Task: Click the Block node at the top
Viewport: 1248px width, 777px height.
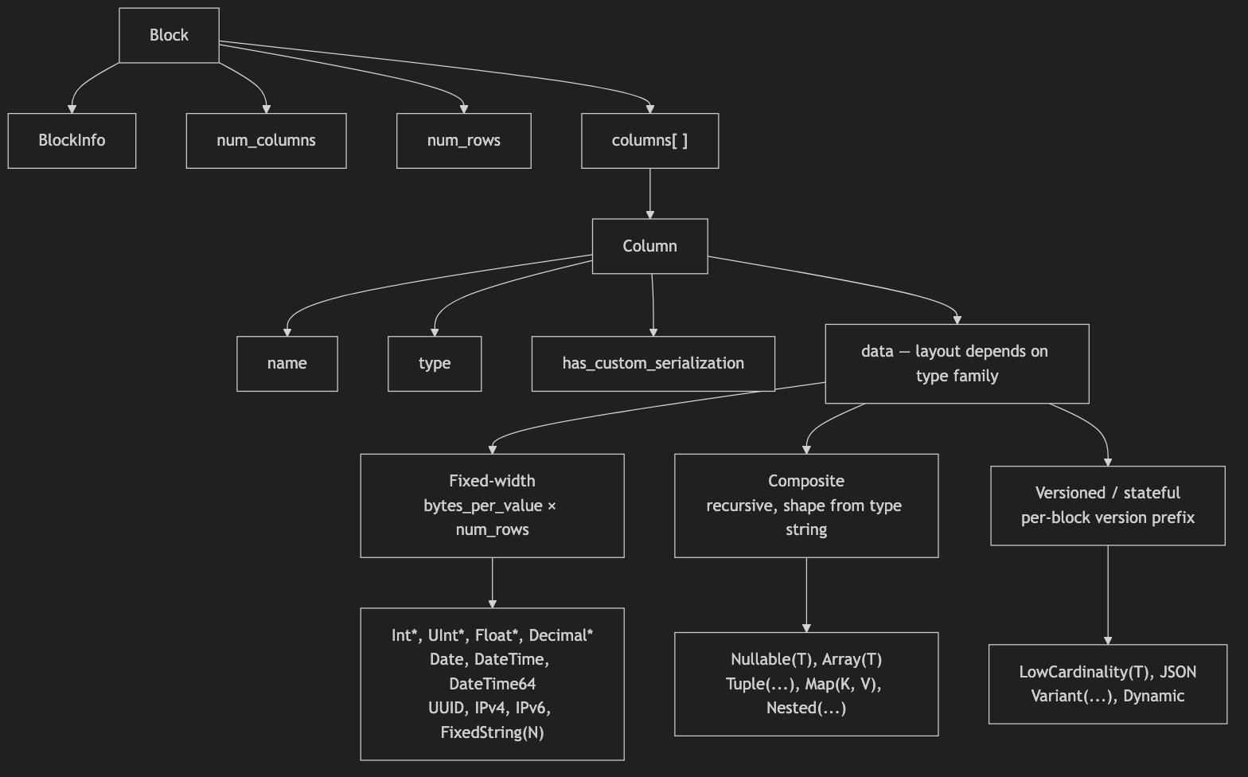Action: coord(169,35)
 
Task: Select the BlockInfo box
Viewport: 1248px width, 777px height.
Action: coord(72,140)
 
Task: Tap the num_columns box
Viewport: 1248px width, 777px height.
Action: coord(267,140)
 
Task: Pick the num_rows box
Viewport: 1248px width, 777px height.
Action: coord(463,140)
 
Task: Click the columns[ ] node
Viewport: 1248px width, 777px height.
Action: coord(649,140)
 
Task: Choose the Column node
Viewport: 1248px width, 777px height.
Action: coord(649,246)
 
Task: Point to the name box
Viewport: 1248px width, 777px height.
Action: coord(287,363)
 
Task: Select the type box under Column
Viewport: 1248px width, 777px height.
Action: coord(435,363)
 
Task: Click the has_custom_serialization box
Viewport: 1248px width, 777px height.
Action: coord(653,363)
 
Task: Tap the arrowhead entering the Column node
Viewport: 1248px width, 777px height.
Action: coord(649,215)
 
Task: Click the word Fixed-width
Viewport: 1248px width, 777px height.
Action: coord(492,481)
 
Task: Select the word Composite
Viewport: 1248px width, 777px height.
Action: coord(806,481)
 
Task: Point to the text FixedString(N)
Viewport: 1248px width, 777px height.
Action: coord(492,732)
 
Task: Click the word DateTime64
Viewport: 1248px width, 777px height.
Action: coord(492,684)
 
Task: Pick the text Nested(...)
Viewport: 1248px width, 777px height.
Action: coord(806,708)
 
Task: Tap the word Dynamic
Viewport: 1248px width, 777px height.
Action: coord(1153,696)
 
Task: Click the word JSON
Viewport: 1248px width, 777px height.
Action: coord(1178,672)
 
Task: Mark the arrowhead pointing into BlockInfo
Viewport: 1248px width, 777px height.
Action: coord(72,109)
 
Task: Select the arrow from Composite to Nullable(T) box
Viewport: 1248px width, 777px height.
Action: coord(806,595)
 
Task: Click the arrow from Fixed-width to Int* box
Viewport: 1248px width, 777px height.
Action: coord(492,583)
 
